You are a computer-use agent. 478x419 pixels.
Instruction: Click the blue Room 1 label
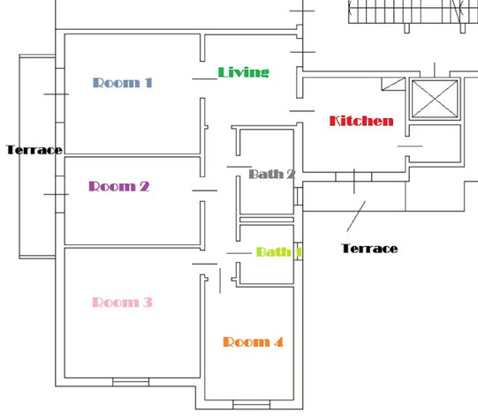pyautogui.click(x=122, y=83)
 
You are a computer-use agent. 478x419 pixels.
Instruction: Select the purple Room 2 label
pyautogui.click(x=119, y=186)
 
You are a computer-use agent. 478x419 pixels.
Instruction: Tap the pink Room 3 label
pyautogui.click(x=122, y=303)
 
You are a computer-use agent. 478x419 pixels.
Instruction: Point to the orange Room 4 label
pyautogui.click(x=253, y=342)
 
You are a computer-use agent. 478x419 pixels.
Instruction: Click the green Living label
pyautogui.click(x=244, y=72)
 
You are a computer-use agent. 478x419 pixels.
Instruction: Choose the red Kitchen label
pyautogui.click(x=361, y=121)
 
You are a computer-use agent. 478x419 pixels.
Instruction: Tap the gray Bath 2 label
pyautogui.click(x=272, y=174)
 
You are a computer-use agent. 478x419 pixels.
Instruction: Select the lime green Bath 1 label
pyautogui.click(x=279, y=252)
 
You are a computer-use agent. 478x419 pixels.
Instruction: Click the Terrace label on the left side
pyautogui.click(x=34, y=150)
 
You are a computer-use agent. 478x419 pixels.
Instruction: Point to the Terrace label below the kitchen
pyautogui.click(x=369, y=249)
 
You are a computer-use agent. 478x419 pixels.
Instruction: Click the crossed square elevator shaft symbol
pyautogui.click(x=435, y=99)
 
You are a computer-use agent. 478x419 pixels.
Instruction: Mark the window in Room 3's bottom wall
pyautogui.click(x=131, y=382)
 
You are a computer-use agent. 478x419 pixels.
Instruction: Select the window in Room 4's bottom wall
pyautogui.click(x=251, y=405)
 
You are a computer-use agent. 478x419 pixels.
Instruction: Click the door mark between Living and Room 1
pyautogui.click(x=205, y=79)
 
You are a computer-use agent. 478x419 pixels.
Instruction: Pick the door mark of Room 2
pyautogui.click(x=205, y=191)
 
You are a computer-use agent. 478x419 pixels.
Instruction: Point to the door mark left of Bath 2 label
pyautogui.click(x=239, y=167)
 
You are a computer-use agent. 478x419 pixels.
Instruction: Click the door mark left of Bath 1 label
pyautogui.click(x=239, y=253)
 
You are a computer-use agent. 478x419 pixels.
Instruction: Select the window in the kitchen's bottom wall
pyautogui.click(x=353, y=176)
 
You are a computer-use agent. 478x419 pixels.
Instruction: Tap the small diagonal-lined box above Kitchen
pyautogui.click(x=393, y=84)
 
